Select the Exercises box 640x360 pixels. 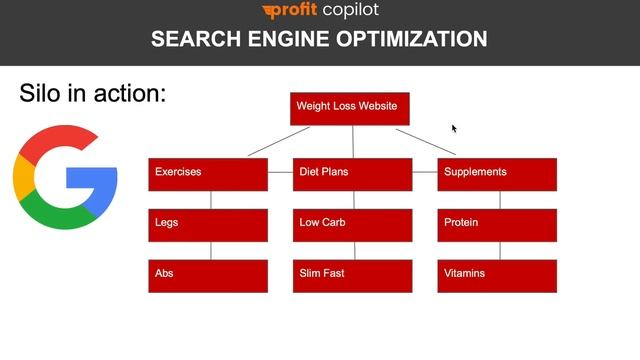tap(208, 174)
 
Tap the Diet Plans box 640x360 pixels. tap(352, 174)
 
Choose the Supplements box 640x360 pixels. tap(497, 174)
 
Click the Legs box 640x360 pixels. tap(208, 225)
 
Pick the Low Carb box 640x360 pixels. tap(352, 225)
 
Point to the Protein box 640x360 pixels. tap(497, 225)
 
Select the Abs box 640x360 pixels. tap(208, 276)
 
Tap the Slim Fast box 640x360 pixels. tap(352, 276)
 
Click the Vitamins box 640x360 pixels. tap(497, 276)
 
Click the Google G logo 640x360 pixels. tap(65, 177)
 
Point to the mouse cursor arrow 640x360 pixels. tap(454, 128)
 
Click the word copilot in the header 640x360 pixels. tap(344, 11)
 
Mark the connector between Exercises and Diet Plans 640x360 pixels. tap(280, 174)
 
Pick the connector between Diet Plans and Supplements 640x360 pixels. tap(425, 174)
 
